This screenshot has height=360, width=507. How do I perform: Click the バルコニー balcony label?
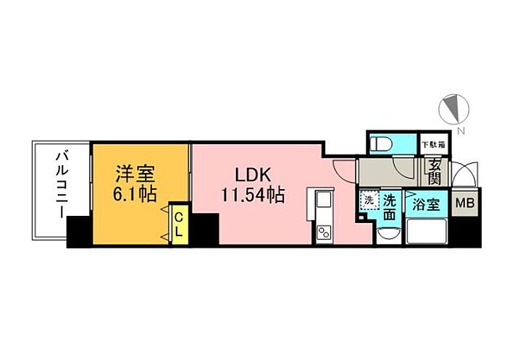pos(62,182)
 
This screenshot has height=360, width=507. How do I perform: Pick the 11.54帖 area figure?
pos(253,195)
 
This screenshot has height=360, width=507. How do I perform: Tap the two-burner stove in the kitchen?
pos(322,233)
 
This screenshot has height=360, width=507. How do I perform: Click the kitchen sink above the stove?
pos(322,201)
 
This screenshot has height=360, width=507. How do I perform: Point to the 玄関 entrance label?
pos(435,172)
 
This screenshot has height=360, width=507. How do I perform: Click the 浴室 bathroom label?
pos(427,204)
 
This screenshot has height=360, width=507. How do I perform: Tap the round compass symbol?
pos(454,109)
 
